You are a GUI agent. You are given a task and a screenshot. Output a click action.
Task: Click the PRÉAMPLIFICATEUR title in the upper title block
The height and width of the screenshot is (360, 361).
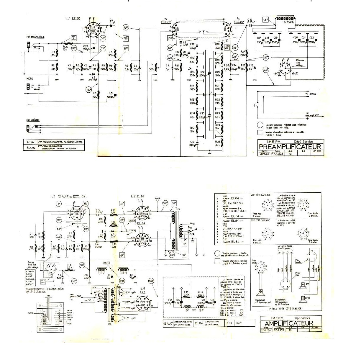click(x=290, y=147)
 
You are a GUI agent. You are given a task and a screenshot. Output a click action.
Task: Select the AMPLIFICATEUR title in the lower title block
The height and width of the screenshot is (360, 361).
click(x=288, y=323)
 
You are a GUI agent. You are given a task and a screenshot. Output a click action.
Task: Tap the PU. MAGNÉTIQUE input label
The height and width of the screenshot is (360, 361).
click(x=35, y=37)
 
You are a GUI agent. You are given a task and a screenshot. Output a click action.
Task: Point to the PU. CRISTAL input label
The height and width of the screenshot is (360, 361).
click(x=33, y=120)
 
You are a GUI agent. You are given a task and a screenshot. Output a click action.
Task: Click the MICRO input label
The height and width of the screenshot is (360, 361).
click(x=29, y=79)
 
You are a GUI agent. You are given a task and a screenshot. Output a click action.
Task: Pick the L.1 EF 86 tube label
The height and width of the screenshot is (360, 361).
click(x=73, y=18)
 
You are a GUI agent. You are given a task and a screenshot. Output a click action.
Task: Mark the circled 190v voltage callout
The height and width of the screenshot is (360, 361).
click(x=89, y=89)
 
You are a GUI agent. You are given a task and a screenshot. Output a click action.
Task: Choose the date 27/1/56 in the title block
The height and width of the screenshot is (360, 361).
click(x=265, y=330)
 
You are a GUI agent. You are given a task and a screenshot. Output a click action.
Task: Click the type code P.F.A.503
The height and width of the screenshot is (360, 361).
click(x=278, y=154)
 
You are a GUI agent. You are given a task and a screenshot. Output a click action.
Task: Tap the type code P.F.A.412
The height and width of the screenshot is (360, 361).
click(x=279, y=330)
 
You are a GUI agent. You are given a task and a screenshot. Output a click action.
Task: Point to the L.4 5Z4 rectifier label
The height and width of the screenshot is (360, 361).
click(x=143, y=290)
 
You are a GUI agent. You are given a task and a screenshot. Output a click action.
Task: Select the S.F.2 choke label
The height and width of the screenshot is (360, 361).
click(x=101, y=274)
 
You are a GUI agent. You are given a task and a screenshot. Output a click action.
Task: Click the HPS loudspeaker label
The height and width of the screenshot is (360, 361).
click(x=307, y=284)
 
